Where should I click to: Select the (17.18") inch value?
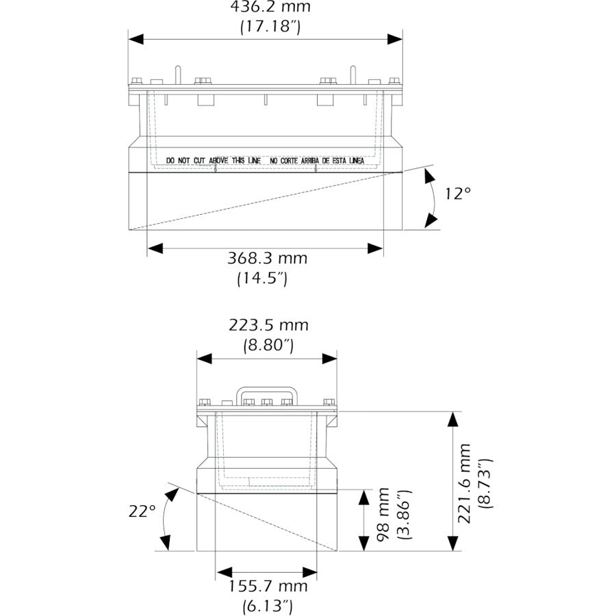(270, 27)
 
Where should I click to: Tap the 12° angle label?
(458, 194)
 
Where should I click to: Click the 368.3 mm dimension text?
(267, 259)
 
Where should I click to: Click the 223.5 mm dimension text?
(268, 325)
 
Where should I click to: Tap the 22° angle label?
(142, 511)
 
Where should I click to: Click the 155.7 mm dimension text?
(268, 586)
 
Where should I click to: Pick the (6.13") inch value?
(268, 606)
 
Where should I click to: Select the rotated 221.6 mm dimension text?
(465, 483)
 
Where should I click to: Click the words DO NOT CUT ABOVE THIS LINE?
(214, 160)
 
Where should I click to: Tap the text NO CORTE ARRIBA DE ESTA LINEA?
(317, 160)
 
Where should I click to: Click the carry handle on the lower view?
(267, 391)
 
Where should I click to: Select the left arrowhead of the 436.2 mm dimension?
(136, 39)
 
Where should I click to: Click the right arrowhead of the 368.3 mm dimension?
(375, 248)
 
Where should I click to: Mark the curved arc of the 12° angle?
(435, 198)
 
